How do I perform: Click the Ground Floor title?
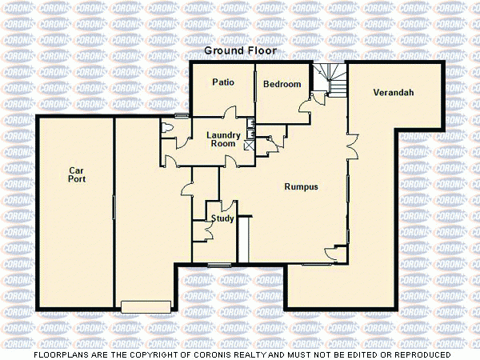pyautogui.click(x=240, y=50)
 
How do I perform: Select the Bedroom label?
pyautogui.click(x=282, y=85)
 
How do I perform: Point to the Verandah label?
pyautogui.click(x=393, y=94)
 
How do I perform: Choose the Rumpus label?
pyautogui.click(x=302, y=186)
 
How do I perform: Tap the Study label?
pyautogui.click(x=222, y=218)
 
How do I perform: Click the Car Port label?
pyautogui.click(x=77, y=174)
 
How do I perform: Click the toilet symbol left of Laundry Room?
pyautogui.click(x=166, y=128)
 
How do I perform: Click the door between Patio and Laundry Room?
pyautogui.click(x=230, y=114)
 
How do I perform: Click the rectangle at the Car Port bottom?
pyautogui.click(x=146, y=306)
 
